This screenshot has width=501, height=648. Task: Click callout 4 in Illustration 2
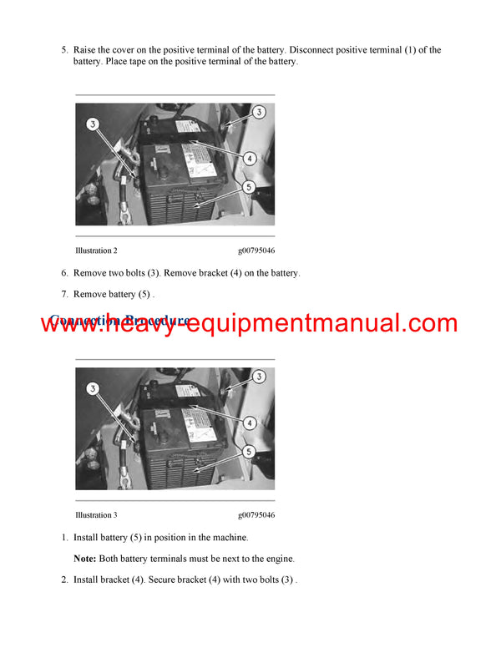click(250, 158)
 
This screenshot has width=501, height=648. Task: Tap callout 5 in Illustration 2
click(250, 188)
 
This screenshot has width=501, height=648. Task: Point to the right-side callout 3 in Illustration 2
click(259, 112)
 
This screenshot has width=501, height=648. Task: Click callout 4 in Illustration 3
click(250, 423)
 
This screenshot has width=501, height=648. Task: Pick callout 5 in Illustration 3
click(250, 453)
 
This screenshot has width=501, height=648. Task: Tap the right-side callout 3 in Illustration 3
click(259, 377)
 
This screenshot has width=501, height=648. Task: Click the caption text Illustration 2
click(96, 251)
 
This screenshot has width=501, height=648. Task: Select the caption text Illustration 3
click(96, 515)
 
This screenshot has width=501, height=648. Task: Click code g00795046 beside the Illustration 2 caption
click(256, 251)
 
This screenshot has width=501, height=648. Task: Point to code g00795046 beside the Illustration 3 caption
click(256, 515)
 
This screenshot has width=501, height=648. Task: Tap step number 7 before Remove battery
click(64, 294)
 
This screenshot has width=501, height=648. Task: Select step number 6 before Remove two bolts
click(64, 273)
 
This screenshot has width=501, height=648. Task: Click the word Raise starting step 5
click(86, 50)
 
